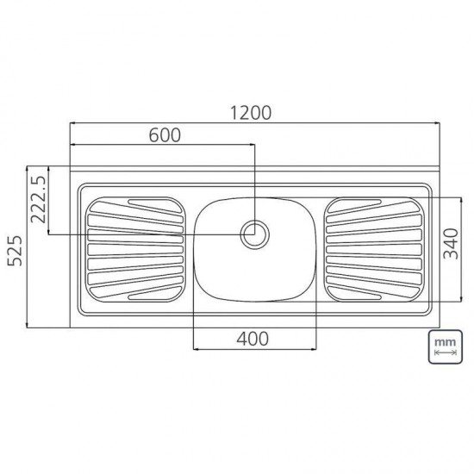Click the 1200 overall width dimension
(x=251, y=112)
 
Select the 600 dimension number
(x=165, y=134)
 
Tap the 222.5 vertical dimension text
(x=39, y=199)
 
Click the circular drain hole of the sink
(x=255, y=234)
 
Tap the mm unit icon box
(x=444, y=347)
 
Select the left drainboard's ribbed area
(x=135, y=249)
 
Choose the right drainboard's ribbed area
(x=374, y=249)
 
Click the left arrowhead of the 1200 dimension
(x=72, y=123)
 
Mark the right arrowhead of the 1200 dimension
(x=436, y=123)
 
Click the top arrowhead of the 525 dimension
(x=28, y=169)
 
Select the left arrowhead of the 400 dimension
(x=196, y=349)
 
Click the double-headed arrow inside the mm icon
(x=444, y=353)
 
